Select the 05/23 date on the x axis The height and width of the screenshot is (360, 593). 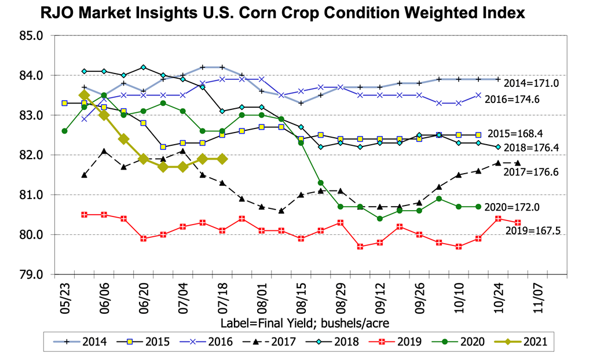[x=64, y=296]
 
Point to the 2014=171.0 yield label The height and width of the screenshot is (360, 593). [x=531, y=83]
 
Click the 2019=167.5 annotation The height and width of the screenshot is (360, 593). [x=533, y=232]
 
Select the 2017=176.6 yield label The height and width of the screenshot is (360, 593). [x=533, y=172]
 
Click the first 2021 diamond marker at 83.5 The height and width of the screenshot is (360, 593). [x=84, y=95]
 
